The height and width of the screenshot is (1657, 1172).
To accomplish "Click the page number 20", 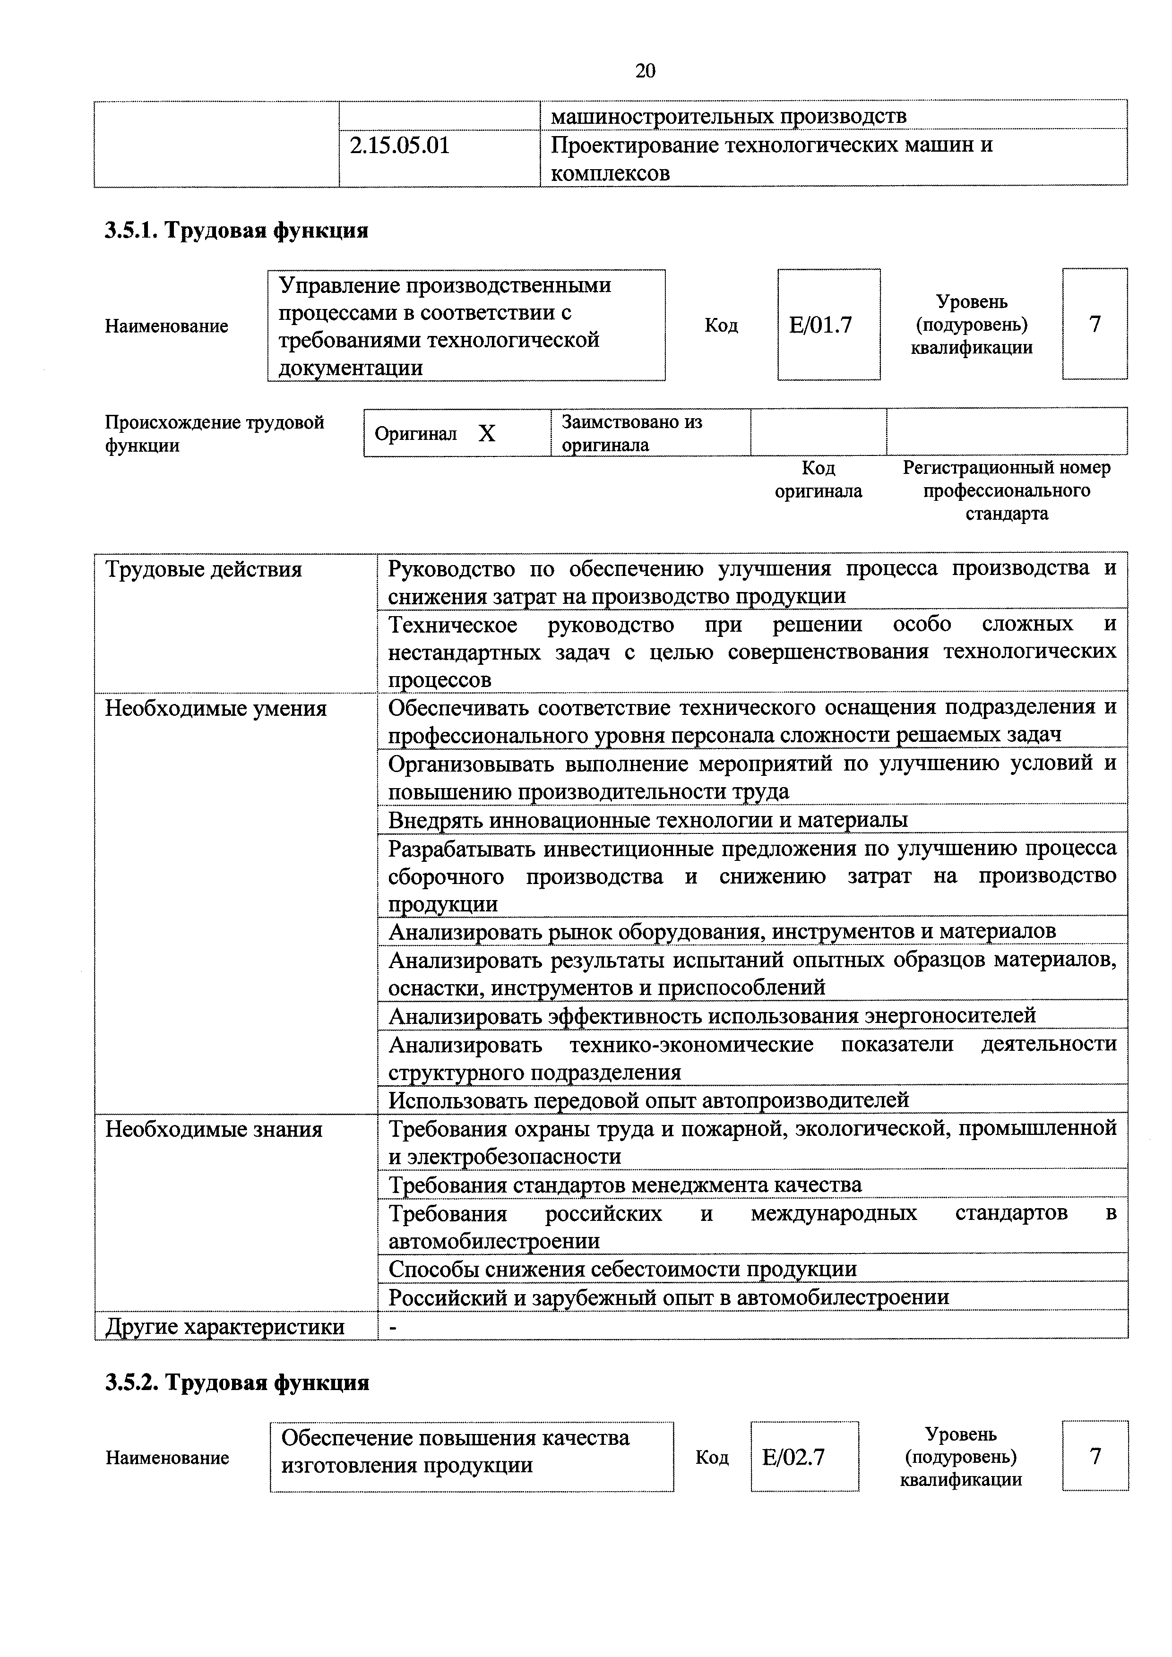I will point(645,71).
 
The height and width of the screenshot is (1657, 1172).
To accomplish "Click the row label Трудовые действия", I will point(204,569).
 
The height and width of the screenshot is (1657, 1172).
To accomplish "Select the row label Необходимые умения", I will point(216,709).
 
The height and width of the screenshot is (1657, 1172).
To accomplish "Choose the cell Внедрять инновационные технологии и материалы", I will point(647,820).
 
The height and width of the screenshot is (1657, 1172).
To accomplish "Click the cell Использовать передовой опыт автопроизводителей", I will point(648,1100).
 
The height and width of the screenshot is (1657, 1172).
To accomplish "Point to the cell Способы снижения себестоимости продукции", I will point(622,1269).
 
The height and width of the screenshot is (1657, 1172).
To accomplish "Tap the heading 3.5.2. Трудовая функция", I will point(237,1382).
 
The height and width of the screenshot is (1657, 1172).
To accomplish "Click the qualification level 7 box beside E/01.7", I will point(1094,324).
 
